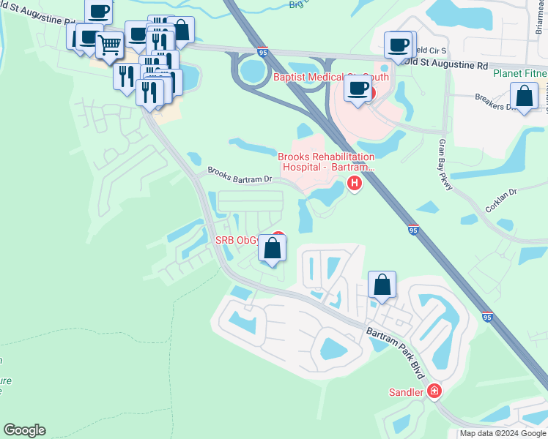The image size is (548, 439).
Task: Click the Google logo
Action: click(24, 430)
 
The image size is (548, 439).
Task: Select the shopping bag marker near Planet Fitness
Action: click(524, 96)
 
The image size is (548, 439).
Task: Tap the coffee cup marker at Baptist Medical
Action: click(358, 89)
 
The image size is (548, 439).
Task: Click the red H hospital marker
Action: click(355, 183)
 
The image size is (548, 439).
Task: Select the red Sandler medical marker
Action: click(434, 391)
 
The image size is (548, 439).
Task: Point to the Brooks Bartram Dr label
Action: click(240, 173)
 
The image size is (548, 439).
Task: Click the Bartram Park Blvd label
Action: click(396, 352)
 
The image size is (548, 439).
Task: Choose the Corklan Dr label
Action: click(502, 200)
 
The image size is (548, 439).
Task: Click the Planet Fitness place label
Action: click(519, 73)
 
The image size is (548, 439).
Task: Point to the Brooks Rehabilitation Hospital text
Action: click(326, 162)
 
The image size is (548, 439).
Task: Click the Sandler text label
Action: click(406, 392)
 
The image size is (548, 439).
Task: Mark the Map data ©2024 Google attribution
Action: click(503, 433)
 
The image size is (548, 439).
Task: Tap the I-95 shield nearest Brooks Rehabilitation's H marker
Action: click(413, 229)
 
